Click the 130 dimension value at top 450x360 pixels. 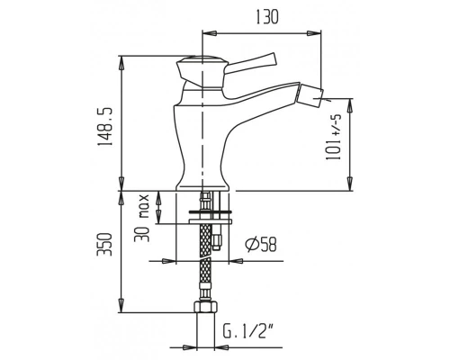[x=266, y=17]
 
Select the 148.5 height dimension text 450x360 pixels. [x=105, y=127]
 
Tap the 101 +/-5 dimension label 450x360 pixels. [x=334, y=137]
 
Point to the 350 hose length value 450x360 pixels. [x=104, y=244]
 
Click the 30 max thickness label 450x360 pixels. [x=141, y=218]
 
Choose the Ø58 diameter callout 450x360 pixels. [x=261, y=245]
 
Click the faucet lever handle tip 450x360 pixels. [x=272, y=59]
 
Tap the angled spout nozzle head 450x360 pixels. [x=310, y=96]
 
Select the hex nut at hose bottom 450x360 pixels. [x=204, y=307]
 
